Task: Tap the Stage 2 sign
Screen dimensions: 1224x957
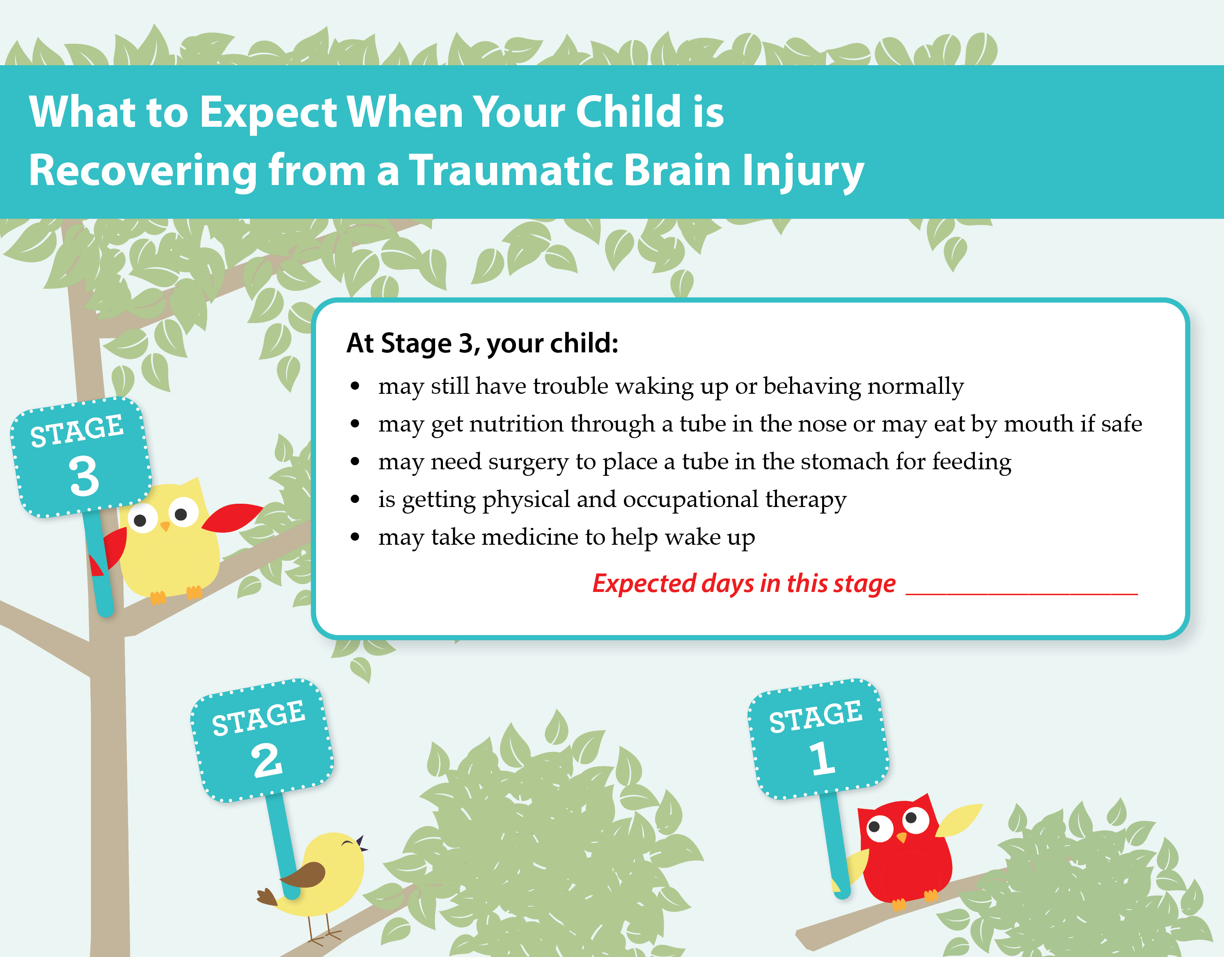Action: click(262, 740)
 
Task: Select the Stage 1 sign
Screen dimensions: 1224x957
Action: click(818, 738)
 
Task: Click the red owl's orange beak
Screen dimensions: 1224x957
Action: click(901, 837)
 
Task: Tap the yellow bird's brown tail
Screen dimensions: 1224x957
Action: click(267, 896)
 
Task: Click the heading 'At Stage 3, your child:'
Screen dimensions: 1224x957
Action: click(482, 343)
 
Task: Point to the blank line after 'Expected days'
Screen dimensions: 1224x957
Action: click(1022, 594)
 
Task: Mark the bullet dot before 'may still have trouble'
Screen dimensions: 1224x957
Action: click(354, 386)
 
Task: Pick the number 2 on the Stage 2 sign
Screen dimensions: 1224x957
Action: click(266, 761)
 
